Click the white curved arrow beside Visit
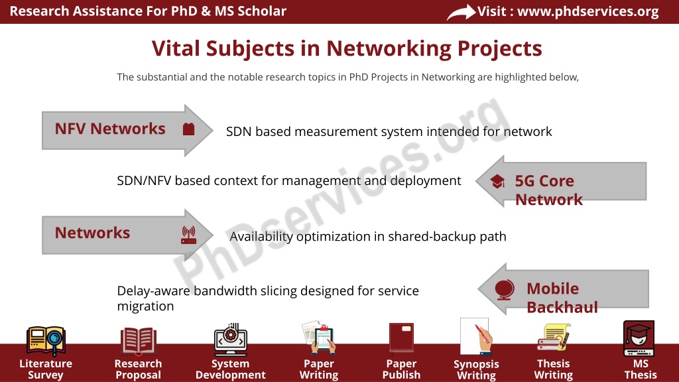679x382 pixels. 462,12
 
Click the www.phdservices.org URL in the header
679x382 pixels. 588,11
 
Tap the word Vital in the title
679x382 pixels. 176,48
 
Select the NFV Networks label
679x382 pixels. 110,129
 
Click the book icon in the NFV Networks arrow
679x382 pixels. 188,129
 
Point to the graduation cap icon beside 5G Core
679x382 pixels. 497,182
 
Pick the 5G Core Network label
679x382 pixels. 548,190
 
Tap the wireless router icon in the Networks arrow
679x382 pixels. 188,235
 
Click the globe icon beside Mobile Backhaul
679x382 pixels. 505,290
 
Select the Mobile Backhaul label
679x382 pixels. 562,298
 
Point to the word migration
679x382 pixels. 145,306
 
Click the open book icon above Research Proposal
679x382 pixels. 138,341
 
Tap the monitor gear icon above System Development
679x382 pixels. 230,339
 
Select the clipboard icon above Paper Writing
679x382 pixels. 319,338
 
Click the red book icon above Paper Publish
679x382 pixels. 401,338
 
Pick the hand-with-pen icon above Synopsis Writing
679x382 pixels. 476,337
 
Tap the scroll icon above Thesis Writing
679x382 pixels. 554,337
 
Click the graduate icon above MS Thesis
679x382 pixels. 639,338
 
